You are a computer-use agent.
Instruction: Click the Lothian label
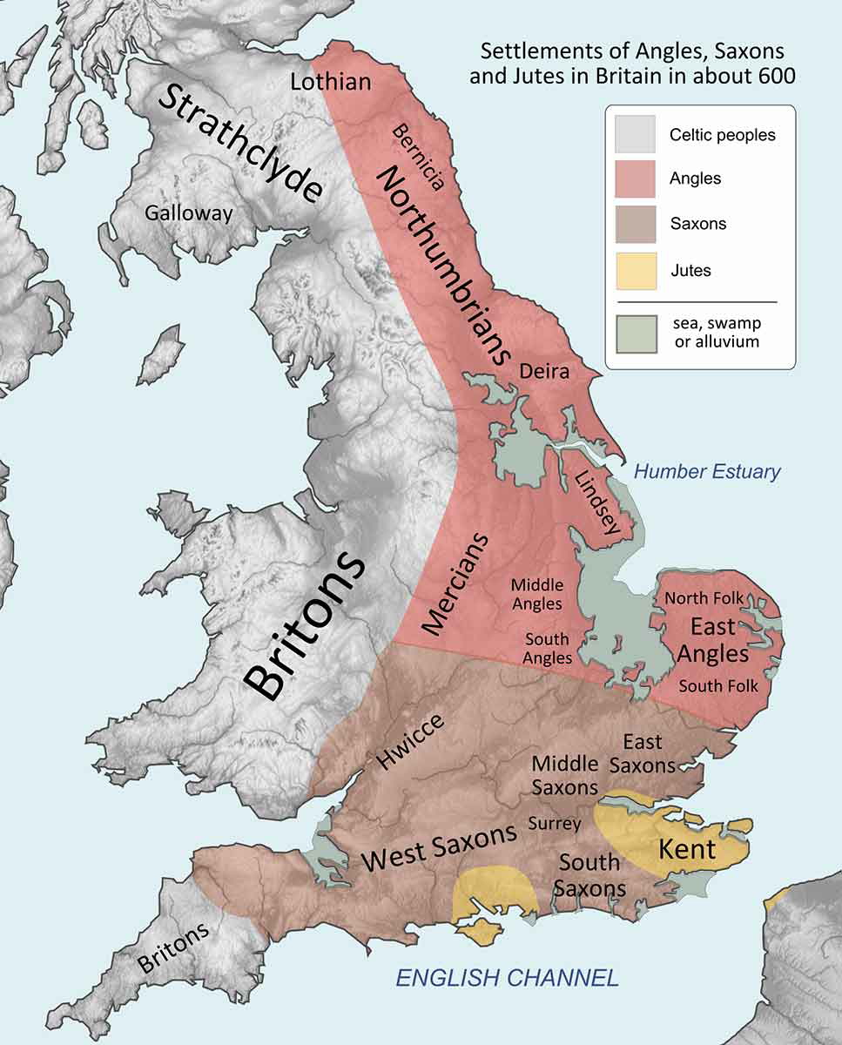pyautogui.click(x=331, y=82)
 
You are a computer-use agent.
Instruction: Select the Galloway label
pyautogui.click(x=189, y=212)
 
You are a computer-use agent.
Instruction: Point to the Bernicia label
pyautogui.click(x=419, y=157)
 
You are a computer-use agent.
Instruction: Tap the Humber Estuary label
pyautogui.click(x=707, y=472)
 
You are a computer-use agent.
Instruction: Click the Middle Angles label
pyautogui.click(x=536, y=593)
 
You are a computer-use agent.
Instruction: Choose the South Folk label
pyautogui.click(x=718, y=686)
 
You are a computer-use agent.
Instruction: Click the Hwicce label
pyautogui.click(x=410, y=741)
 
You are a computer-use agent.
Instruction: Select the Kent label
pyautogui.click(x=687, y=848)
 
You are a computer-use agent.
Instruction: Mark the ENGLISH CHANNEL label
pyautogui.click(x=507, y=977)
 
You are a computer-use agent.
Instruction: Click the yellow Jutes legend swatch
pyautogui.click(x=636, y=270)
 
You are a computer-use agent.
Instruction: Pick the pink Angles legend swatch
pyautogui.click(x=636, y=179)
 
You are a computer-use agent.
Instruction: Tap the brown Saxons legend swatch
pyautogui.click(x=636, y=224)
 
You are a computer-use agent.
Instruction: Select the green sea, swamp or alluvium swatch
pyautogui.click(x=636, y=332)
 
